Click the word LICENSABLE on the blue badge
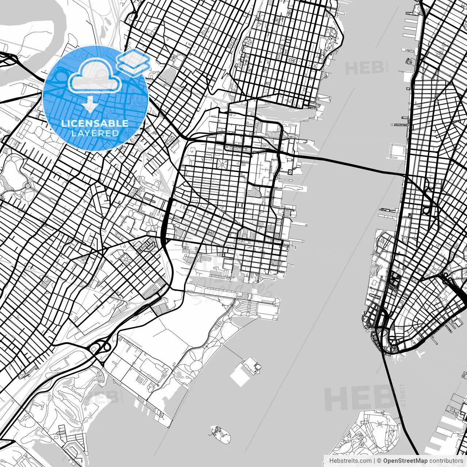(95, 123)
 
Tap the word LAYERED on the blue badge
(95, 134)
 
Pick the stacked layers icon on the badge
(133, 61)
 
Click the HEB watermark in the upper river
(365, 68)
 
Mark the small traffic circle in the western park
(28, 186)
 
